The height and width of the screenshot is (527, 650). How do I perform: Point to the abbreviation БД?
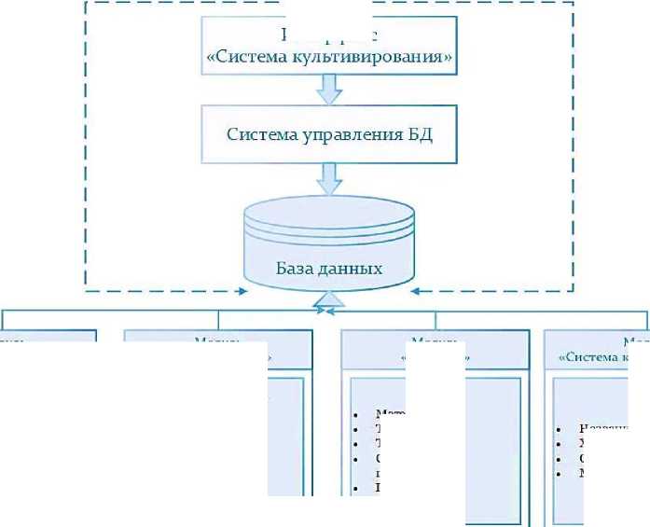(417, 133)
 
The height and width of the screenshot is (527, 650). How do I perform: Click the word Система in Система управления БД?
(260, 133)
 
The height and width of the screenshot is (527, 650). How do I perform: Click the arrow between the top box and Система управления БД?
(328, 90)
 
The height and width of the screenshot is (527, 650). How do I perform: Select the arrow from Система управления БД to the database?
(328, 177)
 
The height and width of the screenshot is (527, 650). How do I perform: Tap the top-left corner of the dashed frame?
(86, 3)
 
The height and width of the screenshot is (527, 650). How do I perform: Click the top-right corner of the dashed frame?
(573, 3)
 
